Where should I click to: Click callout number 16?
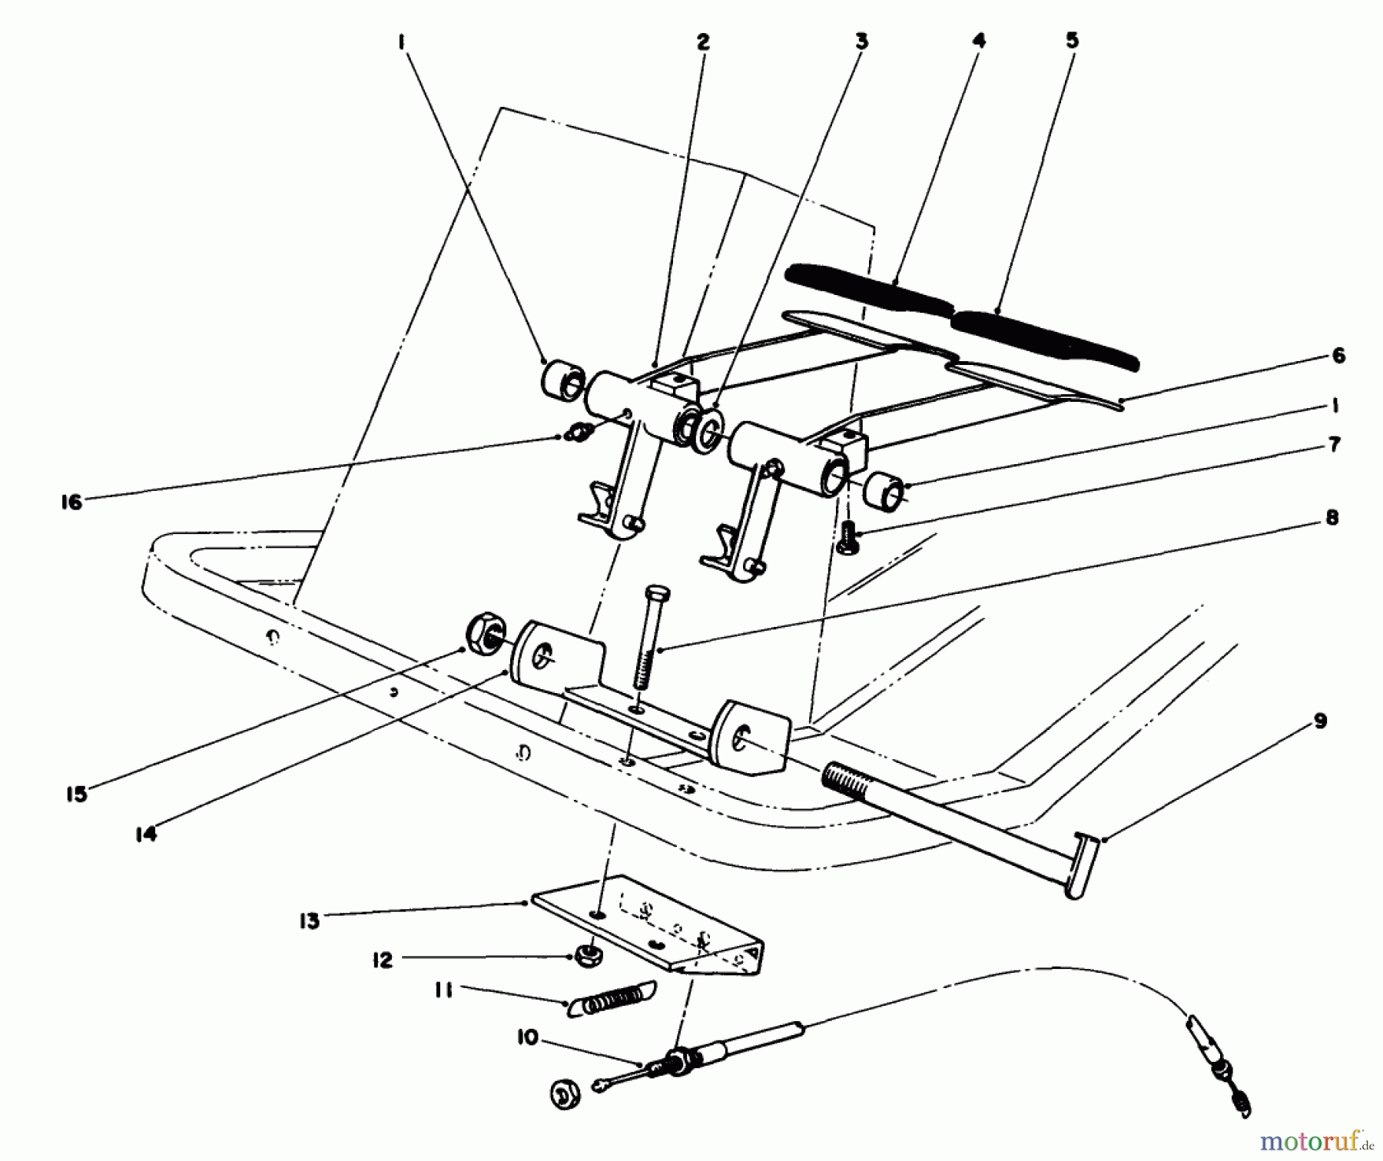click(71, 503)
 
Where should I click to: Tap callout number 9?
click(1320, 721)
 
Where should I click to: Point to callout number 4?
click(978, 40)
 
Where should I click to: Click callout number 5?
click(1072, 40)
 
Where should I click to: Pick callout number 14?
click(145, 834)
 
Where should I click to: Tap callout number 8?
click(1332, 518)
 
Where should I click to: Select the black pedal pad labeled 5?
click(1045, 338)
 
